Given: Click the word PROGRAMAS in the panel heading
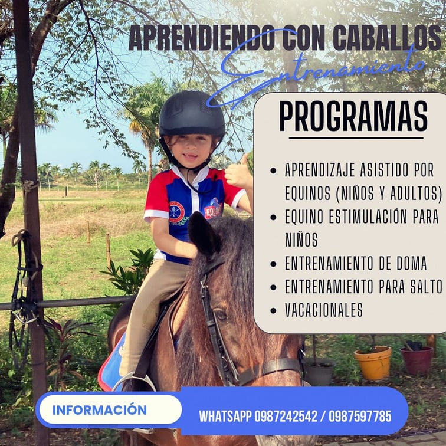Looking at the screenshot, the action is tap(353, 116).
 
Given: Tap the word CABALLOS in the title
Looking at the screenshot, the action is tap(386, 38).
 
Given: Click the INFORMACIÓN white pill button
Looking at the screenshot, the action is tap(110, 409).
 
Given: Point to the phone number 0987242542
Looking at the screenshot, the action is tap(286, 417).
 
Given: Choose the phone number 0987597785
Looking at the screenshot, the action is tap(360, 417).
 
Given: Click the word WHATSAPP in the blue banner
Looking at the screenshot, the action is tap(225, 417).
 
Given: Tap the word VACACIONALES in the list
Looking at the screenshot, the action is tap(324, 310).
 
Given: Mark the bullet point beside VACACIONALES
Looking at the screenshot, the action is tap(273, 310).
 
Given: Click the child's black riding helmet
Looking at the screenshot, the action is tap(192, 114).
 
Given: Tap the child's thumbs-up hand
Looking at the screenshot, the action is tap(238, 172).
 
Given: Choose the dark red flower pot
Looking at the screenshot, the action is tap(417, 360).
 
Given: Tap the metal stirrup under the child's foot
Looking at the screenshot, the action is tap(134, 382).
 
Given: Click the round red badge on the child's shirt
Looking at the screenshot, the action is tap(176, 211).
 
